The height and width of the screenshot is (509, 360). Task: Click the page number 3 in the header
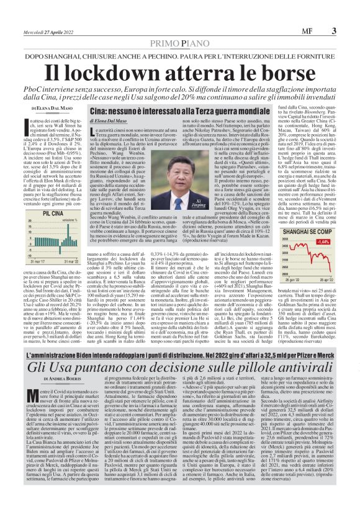coord(333,30)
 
